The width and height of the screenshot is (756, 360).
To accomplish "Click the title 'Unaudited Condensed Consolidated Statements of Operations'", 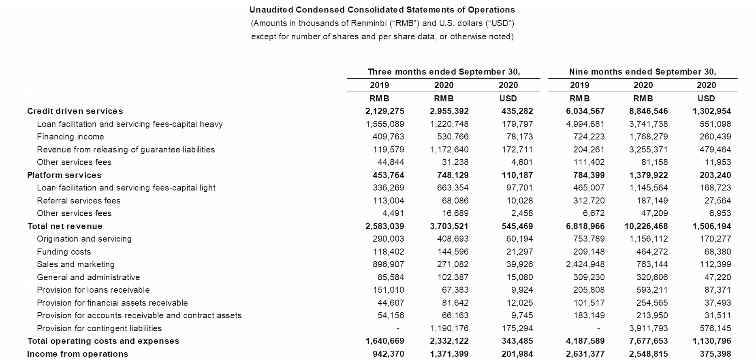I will click(x=382, y=10).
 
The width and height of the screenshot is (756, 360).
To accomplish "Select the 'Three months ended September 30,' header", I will click(x=444, y=72).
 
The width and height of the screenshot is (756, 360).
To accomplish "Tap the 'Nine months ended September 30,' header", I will click(x=643, y=72).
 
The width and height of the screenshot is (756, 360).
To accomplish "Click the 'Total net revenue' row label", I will click(x=65, y=226).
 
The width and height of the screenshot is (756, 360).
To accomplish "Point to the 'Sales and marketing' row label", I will click(x=76, y=264).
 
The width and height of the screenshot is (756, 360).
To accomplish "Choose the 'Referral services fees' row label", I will click(x=79, y=201).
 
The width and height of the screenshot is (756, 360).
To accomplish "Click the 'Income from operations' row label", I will click(x=77, y=354).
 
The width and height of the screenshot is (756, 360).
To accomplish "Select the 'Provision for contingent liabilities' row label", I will click(x=99, y=328).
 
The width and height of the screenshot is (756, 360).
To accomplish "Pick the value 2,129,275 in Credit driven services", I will click(x=384, y=111).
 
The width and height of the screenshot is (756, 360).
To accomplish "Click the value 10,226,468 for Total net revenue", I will click(x=646, y=226).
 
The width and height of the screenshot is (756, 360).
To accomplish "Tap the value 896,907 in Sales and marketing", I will click(x=388, y=264).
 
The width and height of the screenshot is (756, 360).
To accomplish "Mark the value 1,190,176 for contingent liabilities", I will click(x=449, y=328).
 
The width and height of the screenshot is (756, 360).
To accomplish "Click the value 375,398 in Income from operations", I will click(x=715, y=354).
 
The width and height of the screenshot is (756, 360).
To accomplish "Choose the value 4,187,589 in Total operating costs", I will click(x=585, y=341).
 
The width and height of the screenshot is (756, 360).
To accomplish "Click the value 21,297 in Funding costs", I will click(x=519, y=252).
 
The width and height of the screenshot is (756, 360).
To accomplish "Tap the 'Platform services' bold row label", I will click(x=64, y=175).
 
